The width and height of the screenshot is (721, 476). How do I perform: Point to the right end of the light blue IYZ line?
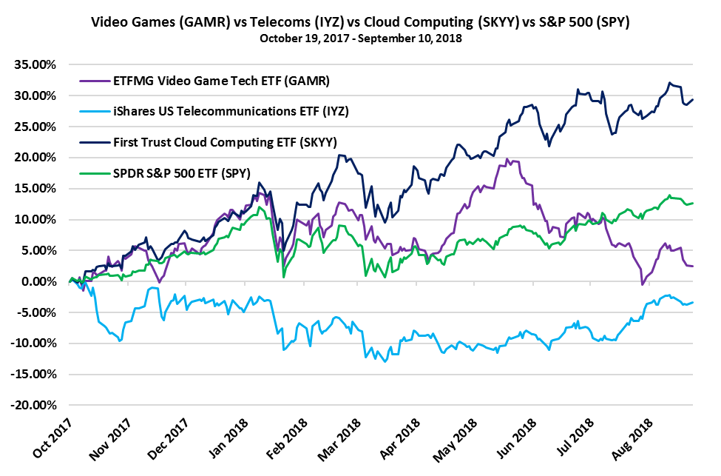coord(693,302)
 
